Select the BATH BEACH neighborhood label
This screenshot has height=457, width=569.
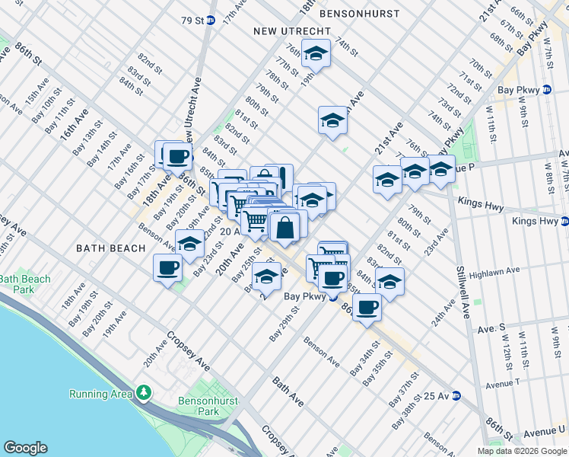tap(110, 248)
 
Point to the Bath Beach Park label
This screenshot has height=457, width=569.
tap(25, 284)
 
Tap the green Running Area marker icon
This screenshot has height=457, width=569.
tap(143, 393)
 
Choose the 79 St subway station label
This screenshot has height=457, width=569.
tap(194, 20)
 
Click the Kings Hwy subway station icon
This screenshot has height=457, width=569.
tap(564, 222)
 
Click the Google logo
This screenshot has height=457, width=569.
tap(25, 448)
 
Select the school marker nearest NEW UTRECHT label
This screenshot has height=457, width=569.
tap(316, 54)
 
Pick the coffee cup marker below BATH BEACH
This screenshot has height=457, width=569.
tap(167, 268)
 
